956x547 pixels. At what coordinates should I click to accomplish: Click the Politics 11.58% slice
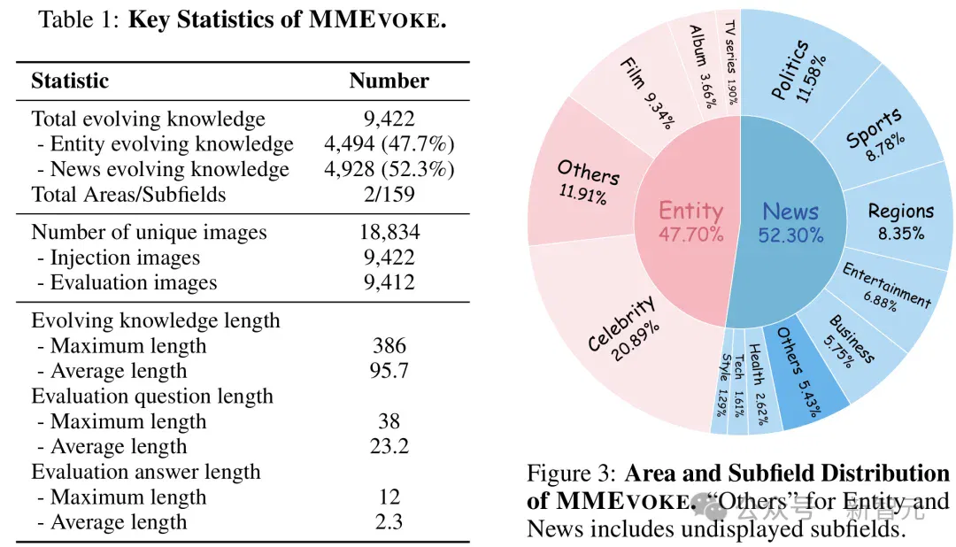click(798, 67)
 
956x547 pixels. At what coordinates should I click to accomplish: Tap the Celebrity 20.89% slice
click(622, 332)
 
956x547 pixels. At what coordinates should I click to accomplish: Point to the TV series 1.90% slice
click(729, 61)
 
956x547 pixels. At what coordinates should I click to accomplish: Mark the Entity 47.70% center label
click(690, 221)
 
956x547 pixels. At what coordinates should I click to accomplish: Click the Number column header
click(389, 81)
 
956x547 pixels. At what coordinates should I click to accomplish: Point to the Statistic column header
click(70, 81)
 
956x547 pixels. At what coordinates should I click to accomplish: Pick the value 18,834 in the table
click(389, 232)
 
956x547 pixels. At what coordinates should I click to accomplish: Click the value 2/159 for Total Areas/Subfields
click(389, 194)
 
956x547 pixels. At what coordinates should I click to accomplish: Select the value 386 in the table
click(389, 346)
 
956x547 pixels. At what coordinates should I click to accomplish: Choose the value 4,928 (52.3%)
click(389, 169)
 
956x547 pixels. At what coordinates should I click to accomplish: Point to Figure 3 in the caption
click(572, 474)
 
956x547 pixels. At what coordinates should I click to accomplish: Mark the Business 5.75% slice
click(851, 348)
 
